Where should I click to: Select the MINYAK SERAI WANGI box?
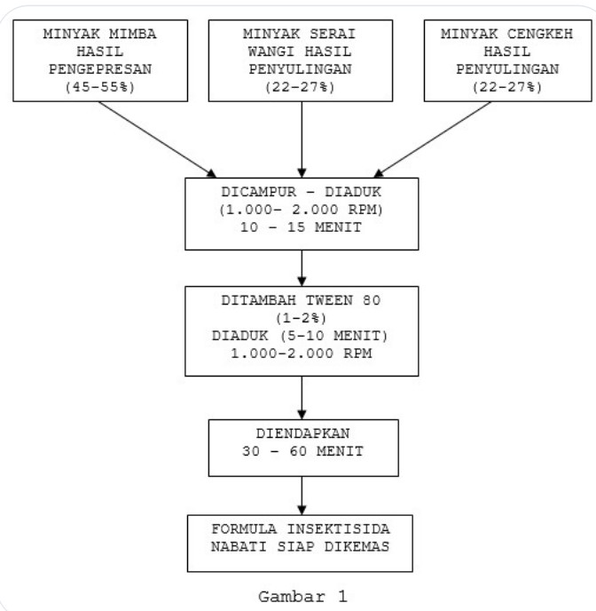302,59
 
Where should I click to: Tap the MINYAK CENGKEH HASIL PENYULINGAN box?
505,59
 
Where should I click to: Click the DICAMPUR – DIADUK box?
302,213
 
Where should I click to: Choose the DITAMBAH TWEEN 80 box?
302,330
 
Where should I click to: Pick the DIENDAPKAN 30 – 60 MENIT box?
302,447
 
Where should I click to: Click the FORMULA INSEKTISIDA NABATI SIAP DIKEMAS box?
302,541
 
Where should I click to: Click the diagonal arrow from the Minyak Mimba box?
160,139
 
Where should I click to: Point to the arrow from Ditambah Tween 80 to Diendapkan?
302,396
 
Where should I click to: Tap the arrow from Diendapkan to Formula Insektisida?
302,493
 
